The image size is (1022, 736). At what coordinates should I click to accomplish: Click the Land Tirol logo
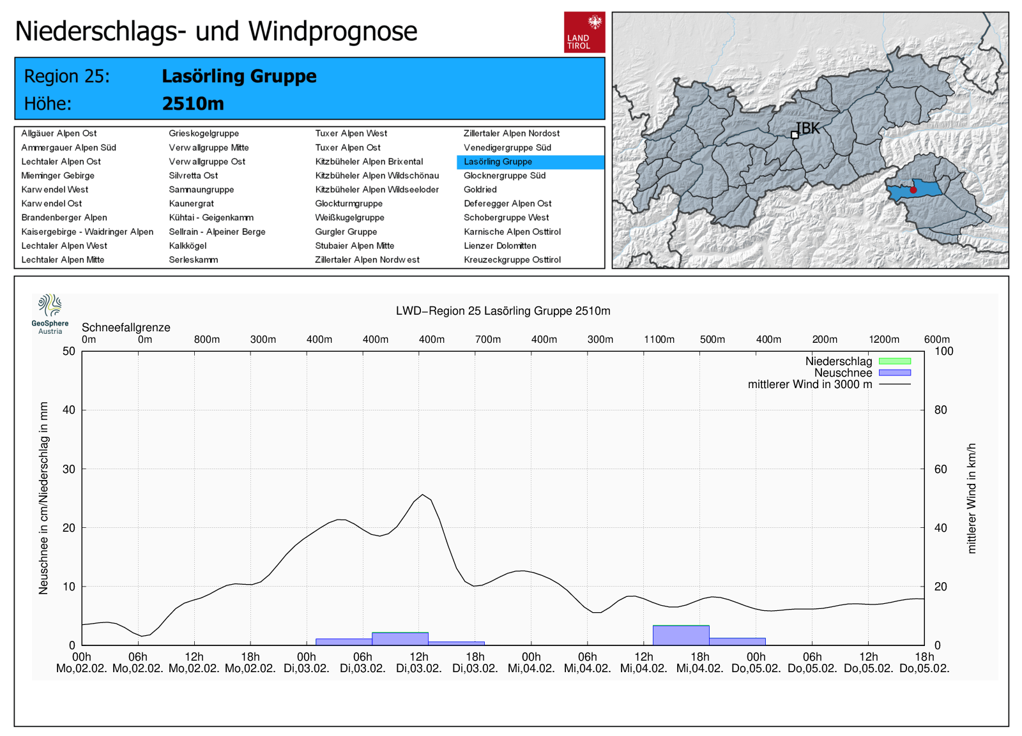coord(584,32)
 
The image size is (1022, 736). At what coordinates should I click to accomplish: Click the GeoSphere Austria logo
coord(50,313)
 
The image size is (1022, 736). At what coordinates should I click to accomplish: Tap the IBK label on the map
coord(807,128)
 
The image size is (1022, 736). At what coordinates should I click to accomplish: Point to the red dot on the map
coord(913,190)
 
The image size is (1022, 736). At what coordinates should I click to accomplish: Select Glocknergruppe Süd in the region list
coord(505,176)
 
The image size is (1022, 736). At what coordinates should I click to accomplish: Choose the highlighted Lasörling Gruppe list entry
coord(498,161)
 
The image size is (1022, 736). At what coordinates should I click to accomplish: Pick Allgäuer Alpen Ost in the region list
coord(59,133)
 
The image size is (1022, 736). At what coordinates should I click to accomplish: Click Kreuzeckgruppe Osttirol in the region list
coord(512,260)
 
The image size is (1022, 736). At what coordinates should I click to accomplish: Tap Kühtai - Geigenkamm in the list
coord(211,218)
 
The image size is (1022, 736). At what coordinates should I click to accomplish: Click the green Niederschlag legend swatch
coord(894,361)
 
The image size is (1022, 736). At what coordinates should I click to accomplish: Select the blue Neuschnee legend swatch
coord(894,373)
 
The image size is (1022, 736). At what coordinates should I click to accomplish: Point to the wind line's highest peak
coord(423,495)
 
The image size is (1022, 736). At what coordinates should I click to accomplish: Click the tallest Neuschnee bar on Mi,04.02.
coord(681,635)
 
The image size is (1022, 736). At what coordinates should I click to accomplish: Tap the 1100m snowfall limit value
coord(659,340)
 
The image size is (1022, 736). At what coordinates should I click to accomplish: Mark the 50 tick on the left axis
coord(69,351)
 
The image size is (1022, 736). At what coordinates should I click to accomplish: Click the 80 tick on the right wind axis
coord(940,410)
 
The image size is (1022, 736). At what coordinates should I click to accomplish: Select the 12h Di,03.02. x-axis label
coord(419,663)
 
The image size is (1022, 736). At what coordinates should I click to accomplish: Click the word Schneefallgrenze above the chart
coord(126,327)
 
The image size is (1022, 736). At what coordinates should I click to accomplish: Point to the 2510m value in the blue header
coord(193,103)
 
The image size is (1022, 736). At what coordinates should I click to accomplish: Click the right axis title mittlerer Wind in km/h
coord(972,498)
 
